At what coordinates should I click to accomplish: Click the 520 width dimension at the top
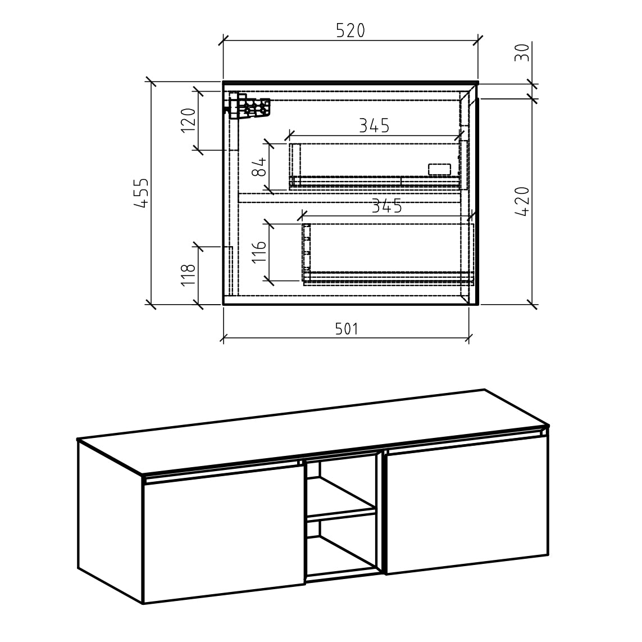[350, 31]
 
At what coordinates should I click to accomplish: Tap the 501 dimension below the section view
[347, 328]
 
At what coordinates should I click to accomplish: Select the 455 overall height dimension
[141, 193]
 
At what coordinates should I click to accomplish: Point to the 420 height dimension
[522, 201]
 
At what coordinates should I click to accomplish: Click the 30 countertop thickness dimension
[522, 52]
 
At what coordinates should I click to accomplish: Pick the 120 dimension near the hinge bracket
[188, 120]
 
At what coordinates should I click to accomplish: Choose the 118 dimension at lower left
[188, 275]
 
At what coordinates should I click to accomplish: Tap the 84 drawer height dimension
[259, 167]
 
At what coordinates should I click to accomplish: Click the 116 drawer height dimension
[259, 251]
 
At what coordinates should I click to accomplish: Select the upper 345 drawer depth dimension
[374, 126]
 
